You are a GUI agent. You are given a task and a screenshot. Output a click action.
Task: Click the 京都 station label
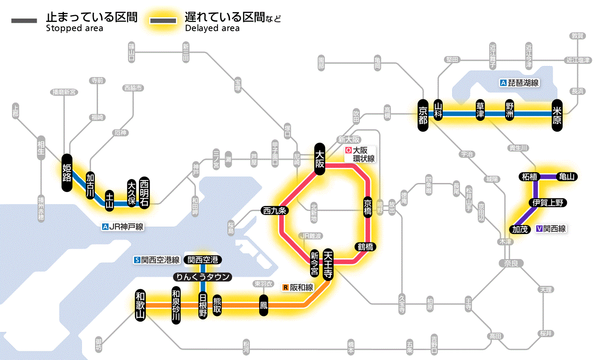point(423,114)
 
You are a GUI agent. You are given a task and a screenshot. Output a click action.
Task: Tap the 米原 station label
point(557,114)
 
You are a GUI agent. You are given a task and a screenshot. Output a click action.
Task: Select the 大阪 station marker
point(320,159)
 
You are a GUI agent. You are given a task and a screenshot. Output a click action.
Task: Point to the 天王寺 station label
point(327,265)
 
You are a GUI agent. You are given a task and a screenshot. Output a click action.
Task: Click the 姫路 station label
point(67,173)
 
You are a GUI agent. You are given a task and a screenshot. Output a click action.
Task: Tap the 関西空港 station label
point(203,260)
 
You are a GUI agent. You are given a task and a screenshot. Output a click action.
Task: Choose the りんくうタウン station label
point(202,277)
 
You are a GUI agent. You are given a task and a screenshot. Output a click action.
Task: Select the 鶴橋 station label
point(365,247)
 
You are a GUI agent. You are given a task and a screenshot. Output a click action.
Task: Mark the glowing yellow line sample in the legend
point(163,21)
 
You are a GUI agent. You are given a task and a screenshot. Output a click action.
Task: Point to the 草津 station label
point(480,111)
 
